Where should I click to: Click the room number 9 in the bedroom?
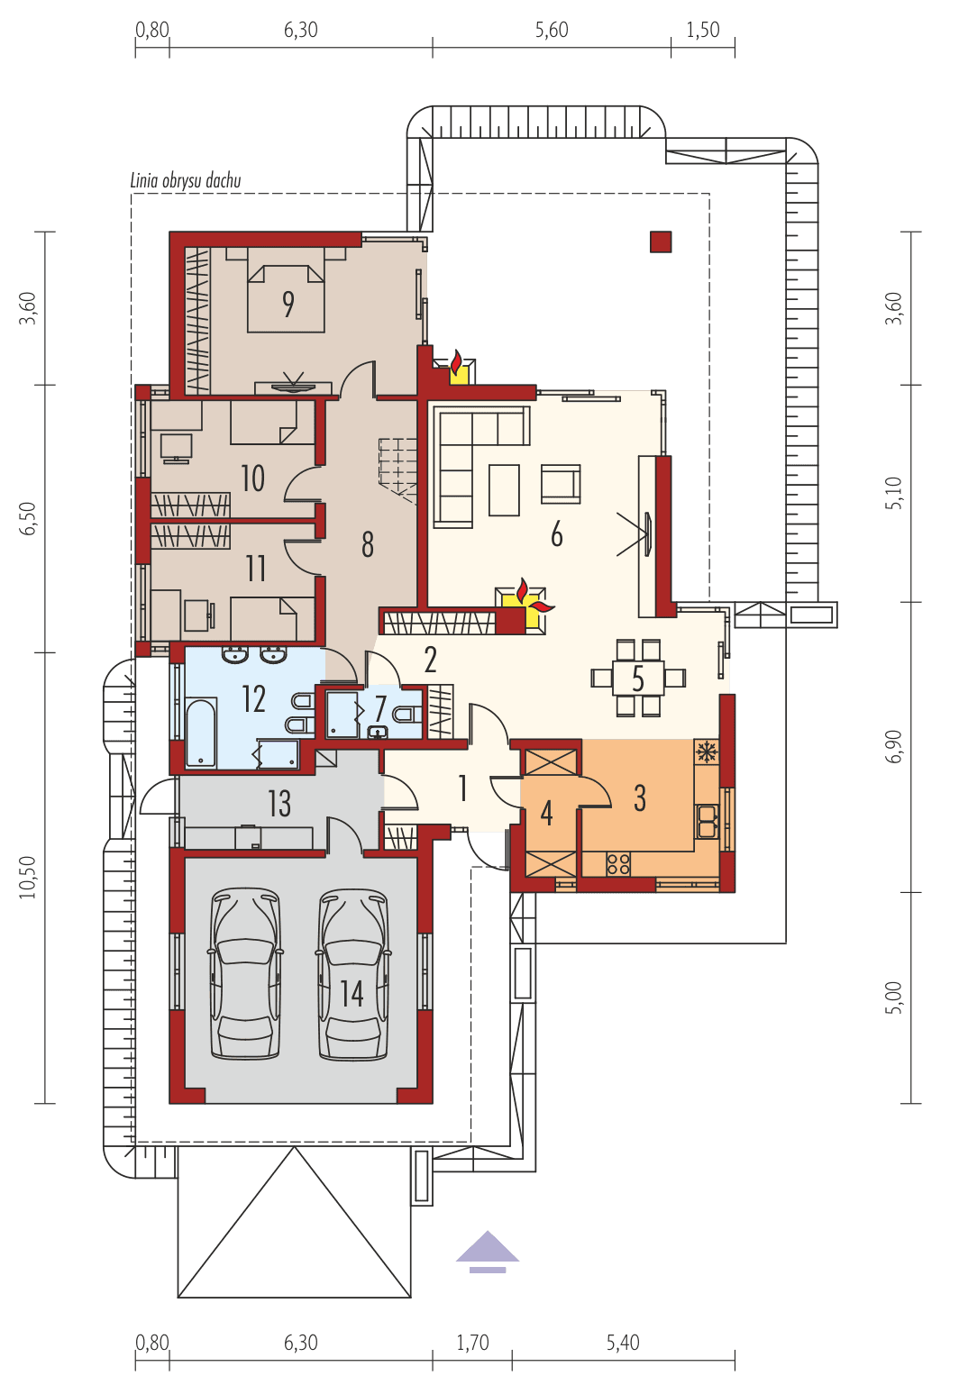(x=288, y=304)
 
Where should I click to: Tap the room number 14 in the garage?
(x=352, y=993)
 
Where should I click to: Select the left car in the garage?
(x=244, y=973)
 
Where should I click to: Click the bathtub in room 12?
(x=201, y=733)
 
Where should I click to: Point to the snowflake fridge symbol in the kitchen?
(x=707, y=752)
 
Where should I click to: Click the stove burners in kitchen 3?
(x=618, y=863)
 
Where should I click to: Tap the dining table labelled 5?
(x=638, y=679)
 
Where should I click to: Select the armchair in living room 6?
(x=560, y=484)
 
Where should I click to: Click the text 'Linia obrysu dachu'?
(x=186, y=180)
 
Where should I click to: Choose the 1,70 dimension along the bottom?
(x=472, y=1343)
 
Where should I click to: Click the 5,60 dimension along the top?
(x=552, y=30)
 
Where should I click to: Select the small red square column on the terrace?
(x=661, y=241)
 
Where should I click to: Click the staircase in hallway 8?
(x=397, y=467)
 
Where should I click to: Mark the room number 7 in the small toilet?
(x=380, y=708)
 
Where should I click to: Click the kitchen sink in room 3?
(x=707, y=821)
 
